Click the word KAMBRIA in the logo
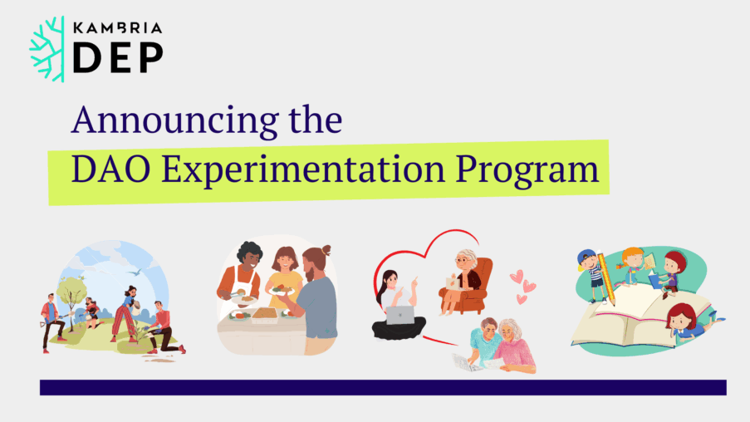pyautogui.click(x=118, y=28)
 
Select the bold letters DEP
pyautogui.click(x=118, y=58)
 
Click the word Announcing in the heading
pyautogui.click(x=175, y=120)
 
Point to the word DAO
pyautogui.click(x=111, y=169)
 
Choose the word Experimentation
pyautogui.click(x=303, y=169)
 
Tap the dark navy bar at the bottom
pyautogui.click(x=383, y=388)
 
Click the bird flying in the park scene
pyautogui.click(x=135, y=272)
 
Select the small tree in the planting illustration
pyautogui.click(x=71, y=297)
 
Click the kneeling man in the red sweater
pyautogui.click(x=164, y=328)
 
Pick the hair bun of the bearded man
pyautogui.click(x=326, y=250)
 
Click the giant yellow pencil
pyautogui.click(x=606, y=277)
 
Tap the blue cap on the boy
pyautogui.click(x=586, y=258)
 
